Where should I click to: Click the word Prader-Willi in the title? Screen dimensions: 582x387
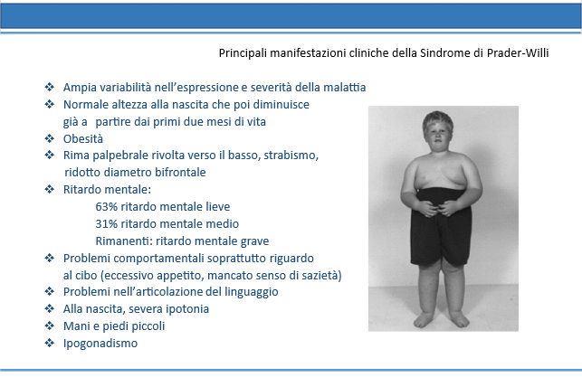518,53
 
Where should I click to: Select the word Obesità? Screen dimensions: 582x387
83,138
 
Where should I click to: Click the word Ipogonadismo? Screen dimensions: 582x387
100,344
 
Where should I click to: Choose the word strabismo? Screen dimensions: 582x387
291,156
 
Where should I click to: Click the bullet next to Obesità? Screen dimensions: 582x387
50,138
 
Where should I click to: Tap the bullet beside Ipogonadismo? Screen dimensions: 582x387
50,343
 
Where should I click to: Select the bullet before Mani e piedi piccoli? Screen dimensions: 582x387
50,326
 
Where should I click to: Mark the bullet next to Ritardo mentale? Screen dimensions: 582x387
50,189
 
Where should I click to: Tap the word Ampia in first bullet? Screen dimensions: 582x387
77,88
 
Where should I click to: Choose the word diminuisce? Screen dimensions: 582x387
281,105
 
